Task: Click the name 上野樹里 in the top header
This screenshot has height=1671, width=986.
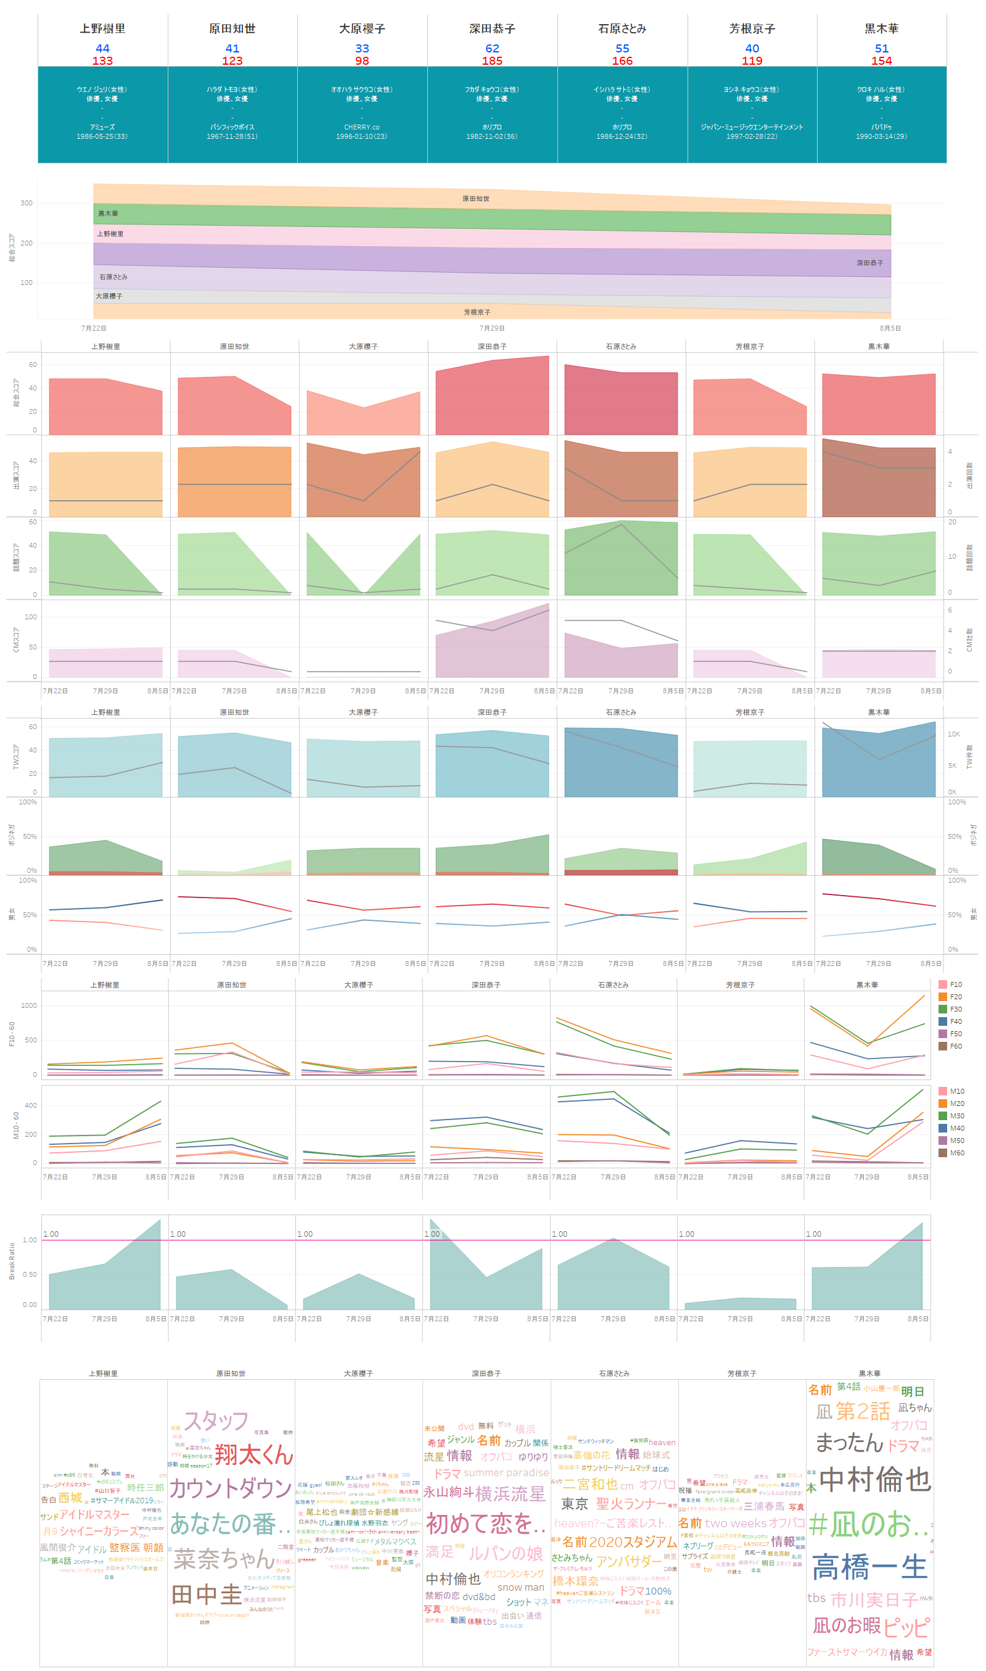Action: tap(102, 28)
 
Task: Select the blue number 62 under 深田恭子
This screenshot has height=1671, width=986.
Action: tap(491, 49)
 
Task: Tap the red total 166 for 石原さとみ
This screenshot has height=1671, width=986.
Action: tap(622, 61)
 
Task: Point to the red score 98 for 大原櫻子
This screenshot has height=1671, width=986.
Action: tap(361, 61)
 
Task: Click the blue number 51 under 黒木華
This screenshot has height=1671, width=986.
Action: tap(881, 49)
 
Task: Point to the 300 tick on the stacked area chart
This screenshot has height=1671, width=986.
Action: tap(26, 204)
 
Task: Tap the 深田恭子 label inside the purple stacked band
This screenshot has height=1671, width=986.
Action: tap(869, 263)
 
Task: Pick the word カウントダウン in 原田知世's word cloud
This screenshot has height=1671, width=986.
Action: tap(231, 1489)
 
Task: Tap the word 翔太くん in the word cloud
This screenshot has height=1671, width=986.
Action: tap(254, 1455)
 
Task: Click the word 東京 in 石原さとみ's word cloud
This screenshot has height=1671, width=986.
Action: tap(574, 1504)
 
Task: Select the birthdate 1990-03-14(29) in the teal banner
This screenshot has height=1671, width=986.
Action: tap(881, 136)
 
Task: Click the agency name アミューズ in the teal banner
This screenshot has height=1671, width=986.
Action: tap(102, 127)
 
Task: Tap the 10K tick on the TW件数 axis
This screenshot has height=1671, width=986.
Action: tap(953, 734)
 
